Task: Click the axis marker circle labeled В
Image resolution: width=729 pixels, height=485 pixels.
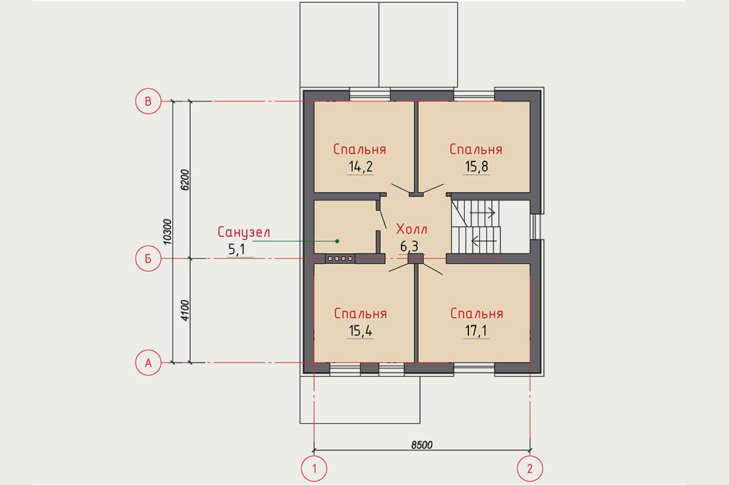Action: click(x=148, y=101)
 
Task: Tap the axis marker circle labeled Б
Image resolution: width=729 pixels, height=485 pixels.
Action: click(x=148, y=258)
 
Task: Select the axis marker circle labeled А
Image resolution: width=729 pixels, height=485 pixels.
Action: click(x=148, y=363)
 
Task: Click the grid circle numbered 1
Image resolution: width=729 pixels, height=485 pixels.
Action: click(x=314, y=468)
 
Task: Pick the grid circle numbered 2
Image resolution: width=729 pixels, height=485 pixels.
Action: click(x=530, y=468)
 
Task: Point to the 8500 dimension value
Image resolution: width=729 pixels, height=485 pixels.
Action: click(x=421, y=444)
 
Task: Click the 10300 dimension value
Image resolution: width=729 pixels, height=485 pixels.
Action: click(x=167, y=232)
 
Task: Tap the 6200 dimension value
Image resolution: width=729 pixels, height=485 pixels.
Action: click(x=184, y=180)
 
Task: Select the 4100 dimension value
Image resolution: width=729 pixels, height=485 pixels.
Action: click(x=184, y=311)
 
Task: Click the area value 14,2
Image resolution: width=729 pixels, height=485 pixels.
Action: click(x=360, y=167)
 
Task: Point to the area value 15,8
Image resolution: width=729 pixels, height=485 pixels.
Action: click(x=476, y=167)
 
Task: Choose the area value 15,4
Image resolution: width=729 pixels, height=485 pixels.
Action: click(x=360, y=331)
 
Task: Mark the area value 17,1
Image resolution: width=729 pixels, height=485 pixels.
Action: click(x=476, y=331)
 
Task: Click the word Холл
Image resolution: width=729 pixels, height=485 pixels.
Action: click(x=411, y=228)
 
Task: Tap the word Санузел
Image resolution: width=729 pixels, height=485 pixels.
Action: click(x=243, y=232)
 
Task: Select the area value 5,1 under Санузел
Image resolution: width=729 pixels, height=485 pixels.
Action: click(x=236, y=250)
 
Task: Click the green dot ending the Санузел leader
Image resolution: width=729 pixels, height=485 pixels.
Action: click(x=337, y=241)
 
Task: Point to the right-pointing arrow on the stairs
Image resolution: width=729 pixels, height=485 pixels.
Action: click(x=483, y=213)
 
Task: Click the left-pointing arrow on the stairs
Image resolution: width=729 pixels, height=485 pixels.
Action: click(x=484, y=240)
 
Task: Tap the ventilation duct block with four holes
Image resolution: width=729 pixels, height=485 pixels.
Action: click(x=340, y=258)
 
